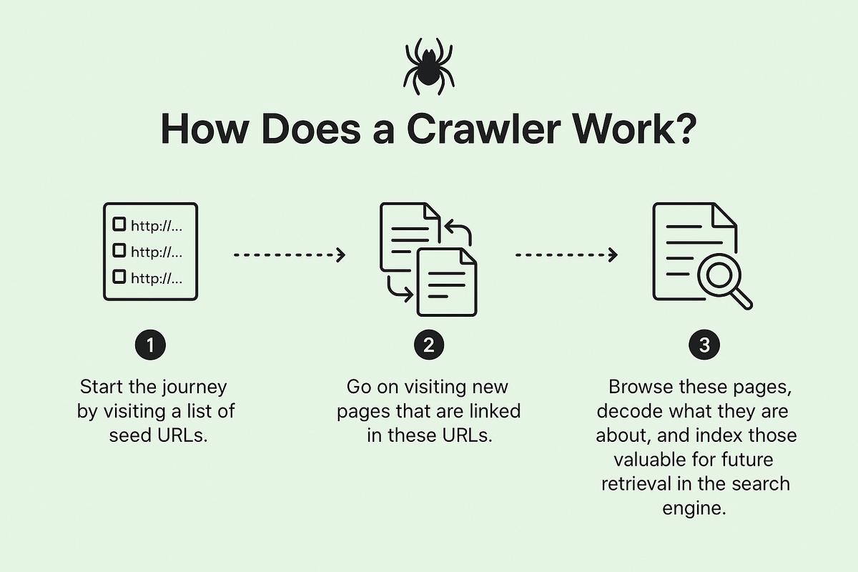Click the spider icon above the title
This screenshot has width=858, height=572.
click(x=428, y=66)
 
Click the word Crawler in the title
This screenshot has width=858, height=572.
click(x=484, y=129)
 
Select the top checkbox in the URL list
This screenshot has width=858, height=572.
click(x=119, y=224)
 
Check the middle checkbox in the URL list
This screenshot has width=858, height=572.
click(x=119, y=250)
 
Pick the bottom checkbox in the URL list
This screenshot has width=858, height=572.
click(x=119, y=277)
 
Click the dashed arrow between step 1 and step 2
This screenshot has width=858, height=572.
click(x=290, y=255)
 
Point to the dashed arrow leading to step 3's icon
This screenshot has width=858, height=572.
click(x=566, y=255)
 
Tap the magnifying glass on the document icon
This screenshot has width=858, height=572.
click(x=723, y=280)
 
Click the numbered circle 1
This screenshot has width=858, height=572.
click(x=151, y=345)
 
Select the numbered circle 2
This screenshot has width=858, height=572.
click(x=429, y=345)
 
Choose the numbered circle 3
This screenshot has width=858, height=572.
click(x=704, y=345)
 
